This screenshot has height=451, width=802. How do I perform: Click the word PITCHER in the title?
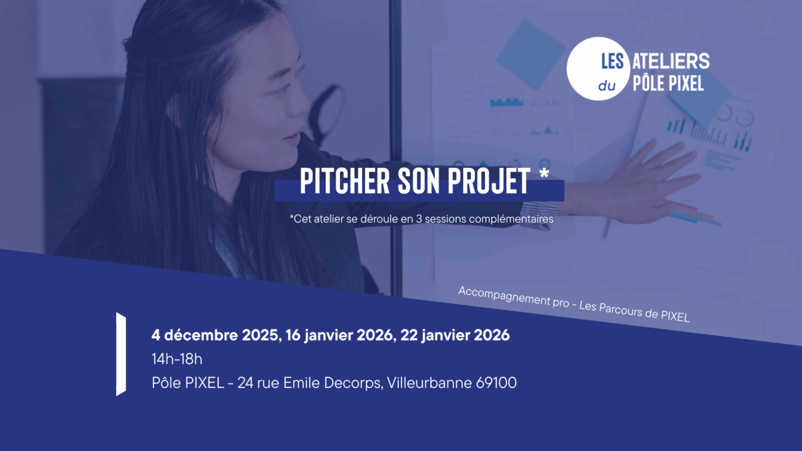point(344,181)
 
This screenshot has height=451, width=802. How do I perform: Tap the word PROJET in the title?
point(489,181)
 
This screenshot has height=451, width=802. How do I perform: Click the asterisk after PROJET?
point(544,174)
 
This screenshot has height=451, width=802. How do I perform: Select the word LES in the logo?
point(612,61)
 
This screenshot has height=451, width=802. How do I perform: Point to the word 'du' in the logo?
point(606,86)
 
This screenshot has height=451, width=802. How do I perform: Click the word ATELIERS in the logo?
point(671,61)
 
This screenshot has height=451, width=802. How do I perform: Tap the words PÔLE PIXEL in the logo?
point(668,83)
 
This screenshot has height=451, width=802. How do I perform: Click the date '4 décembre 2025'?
point(215,336)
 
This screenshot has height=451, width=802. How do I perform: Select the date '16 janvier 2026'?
point(339,336)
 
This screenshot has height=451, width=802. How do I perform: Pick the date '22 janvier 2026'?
point(455,336)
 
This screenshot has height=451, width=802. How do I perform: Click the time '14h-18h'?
point(177,359)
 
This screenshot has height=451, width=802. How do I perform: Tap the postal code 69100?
point(496,383)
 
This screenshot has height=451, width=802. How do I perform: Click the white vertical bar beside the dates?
point(121,354)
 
